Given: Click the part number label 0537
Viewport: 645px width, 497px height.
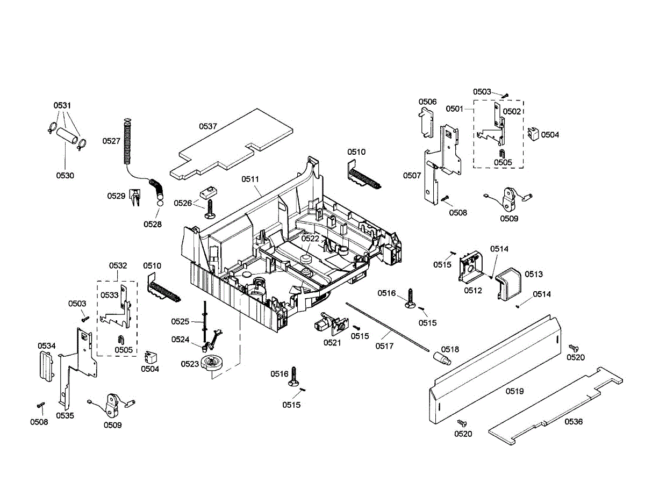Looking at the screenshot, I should pos(208,126).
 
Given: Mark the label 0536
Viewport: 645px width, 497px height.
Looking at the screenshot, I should pos(573,422).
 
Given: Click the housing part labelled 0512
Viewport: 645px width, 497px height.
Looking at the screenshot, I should pos(472,267).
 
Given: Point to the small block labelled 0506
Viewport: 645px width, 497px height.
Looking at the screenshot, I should pos(427,121).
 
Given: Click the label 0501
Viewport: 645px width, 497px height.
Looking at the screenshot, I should pos(454,109).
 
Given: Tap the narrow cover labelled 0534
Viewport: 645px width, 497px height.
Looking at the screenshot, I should pos(46,366).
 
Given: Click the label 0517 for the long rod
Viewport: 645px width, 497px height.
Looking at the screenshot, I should pos(384,346).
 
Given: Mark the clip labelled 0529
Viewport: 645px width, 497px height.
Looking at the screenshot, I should pos(135,197).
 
